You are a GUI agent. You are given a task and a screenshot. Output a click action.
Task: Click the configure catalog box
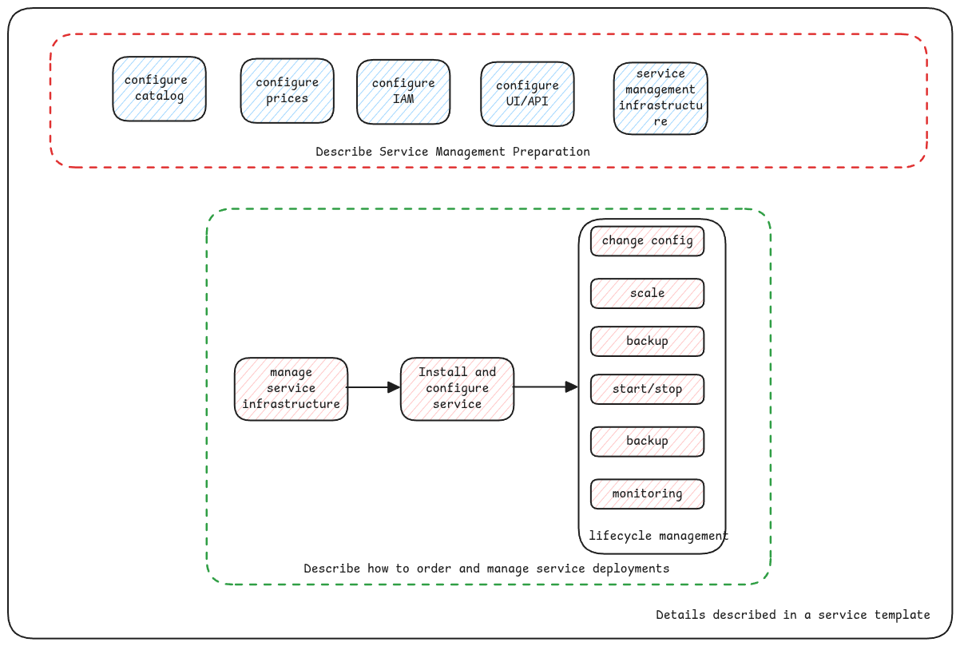click(x=159, y=89)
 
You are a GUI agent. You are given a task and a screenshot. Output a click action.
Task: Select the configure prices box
click(x=287, y=90)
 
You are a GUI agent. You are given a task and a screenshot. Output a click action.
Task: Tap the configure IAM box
click(x=403, y=91)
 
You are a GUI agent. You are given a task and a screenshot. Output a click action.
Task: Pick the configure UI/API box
click(x=527, y=93)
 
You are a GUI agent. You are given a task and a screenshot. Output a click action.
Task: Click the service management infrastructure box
click(x=660, y=98)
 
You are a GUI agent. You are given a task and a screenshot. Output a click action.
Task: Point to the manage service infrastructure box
click(x=291, y=389)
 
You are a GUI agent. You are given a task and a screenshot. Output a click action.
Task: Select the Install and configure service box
click(x=457, y=388)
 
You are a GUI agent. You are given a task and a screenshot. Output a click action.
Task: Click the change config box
click(x=647, y=241)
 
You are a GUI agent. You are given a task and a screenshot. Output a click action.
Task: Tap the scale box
click(x=647, y=293)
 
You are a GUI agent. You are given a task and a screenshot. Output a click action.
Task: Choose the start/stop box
click(x=647, y=390)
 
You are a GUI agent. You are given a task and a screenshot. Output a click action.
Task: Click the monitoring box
click(x=647, y=493)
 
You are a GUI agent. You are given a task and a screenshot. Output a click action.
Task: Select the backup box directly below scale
click(x=647, y=341)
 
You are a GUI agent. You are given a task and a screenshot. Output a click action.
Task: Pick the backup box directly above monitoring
click(x=647, y=442)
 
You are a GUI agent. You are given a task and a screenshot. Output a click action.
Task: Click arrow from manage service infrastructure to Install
click(x=374, y=387)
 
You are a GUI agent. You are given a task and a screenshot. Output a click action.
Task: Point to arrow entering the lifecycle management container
click(x=545, y=387)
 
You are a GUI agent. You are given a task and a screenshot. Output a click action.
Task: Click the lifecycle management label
click(x=658, y=536)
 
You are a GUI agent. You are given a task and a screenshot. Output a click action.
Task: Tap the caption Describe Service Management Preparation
click(x=452, y=152)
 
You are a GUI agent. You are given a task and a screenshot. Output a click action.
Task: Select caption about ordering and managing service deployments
click(x=486, y=569)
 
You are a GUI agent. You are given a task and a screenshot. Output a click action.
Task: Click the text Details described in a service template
click(x=792, y=615)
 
